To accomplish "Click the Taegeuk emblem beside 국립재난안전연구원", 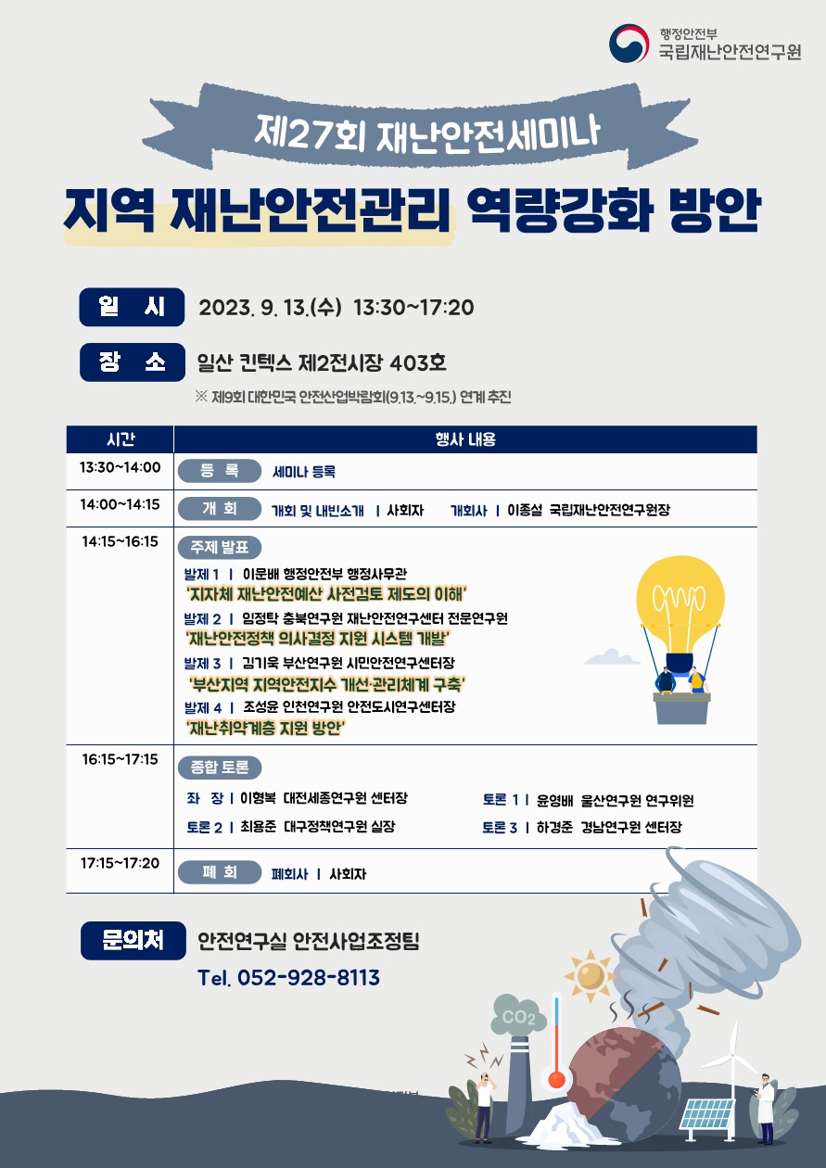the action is point(629,44).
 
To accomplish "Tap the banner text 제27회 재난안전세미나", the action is point(426,134).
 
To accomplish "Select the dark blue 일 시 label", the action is point(132,307).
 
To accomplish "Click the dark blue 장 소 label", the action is point(133,362).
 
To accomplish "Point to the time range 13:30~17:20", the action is point(414,308).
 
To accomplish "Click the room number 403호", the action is point(418,363).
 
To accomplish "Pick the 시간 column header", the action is point(121,439).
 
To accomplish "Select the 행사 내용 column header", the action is point(465,439).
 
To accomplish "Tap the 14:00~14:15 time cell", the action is point(120,504).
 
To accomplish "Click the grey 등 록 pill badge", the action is point(220,471).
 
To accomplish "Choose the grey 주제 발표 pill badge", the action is point(220,548).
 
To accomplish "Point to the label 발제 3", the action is point(202,664).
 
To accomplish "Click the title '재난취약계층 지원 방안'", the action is point(266,728).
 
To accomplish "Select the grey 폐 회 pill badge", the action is point(220,872).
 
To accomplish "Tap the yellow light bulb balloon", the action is point(680,604).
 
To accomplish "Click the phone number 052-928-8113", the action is point(309,977).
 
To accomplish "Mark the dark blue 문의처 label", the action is point(133,941).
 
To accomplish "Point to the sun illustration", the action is point(591,975).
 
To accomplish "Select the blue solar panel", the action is point(707,1114).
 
